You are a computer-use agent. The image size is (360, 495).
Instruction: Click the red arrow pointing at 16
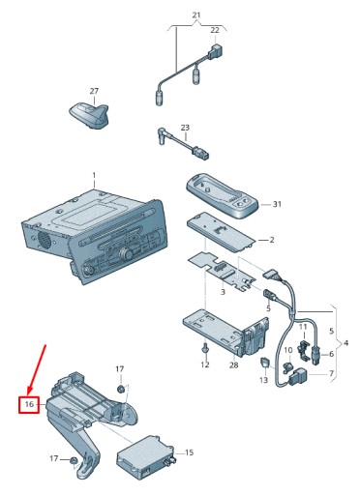click(x=37, y=370)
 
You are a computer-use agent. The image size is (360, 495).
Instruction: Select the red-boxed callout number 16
click(x=29, y=404)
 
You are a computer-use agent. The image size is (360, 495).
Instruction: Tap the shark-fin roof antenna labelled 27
click(x=89, y=114)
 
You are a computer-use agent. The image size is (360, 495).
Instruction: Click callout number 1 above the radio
click(x=94, y=176)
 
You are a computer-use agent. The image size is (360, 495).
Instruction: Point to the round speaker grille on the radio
click(x=45, y=239)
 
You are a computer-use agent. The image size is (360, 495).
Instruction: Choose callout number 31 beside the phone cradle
click(x=277, y=204)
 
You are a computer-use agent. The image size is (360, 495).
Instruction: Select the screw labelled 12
click(x=205, y=350)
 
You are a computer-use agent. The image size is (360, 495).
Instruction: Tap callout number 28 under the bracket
click(x=233, y=364)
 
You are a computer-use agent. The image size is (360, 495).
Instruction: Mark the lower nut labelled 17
click(x=74, y=461)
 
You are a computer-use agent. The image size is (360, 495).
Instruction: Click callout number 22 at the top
click(x=215, y=30)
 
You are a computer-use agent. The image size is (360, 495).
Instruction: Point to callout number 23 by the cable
click(x=185, y=128)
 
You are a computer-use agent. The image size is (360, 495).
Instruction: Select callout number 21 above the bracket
click(x=196, y=15)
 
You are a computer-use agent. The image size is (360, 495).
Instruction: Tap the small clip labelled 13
click(x=264, y=363)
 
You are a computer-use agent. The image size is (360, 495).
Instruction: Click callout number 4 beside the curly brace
click(x=345, y=343)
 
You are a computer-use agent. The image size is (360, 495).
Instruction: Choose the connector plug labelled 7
click(x=298, y=376)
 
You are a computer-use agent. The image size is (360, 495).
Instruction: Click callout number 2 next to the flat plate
click(x=272, y=240)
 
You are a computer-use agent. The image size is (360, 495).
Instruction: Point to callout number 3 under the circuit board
click(x=223, y=292)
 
